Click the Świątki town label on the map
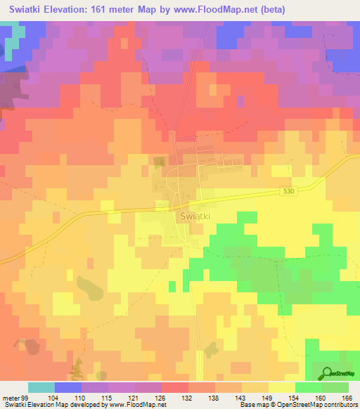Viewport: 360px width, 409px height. pos(194,216)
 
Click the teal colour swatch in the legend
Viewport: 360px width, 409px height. pos(41,387)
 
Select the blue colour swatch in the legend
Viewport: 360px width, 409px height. pos(68,387)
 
